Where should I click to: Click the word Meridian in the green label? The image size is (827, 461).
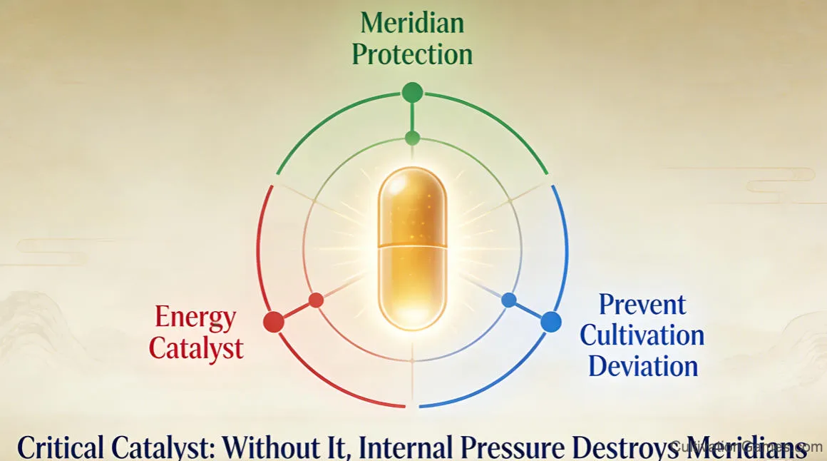click(412, 23)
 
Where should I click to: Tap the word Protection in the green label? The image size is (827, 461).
click(412, 54)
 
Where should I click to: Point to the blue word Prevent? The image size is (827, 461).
click(642, 305)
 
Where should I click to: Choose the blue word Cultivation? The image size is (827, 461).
click(647, 335)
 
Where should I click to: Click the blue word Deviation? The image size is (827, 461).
click(644, 366)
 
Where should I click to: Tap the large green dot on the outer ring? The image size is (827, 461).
click(412, 92)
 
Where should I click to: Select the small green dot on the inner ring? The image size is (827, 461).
click(412, 138)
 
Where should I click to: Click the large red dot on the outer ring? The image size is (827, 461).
click(273, 322)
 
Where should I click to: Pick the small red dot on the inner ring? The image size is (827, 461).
click(316, 300)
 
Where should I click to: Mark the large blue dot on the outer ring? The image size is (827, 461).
click(551, 322)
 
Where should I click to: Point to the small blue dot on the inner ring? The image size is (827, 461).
click(509, 300)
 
